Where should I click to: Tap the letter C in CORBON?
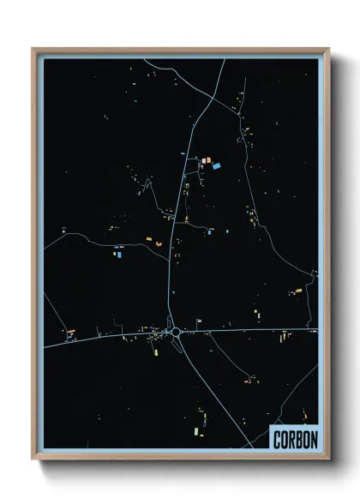276,440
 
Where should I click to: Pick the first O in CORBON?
283,440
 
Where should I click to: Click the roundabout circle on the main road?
175,331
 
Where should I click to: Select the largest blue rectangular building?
216,165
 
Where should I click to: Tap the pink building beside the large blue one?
206,159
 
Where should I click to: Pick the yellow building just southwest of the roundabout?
155,347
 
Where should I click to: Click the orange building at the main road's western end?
71,332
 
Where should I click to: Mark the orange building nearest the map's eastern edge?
298,291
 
